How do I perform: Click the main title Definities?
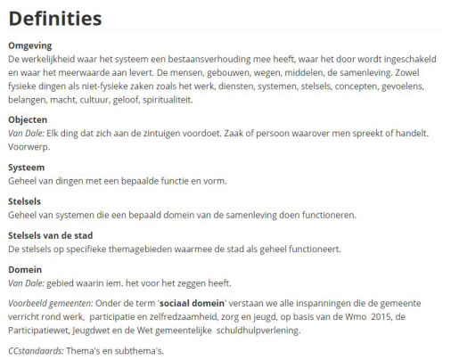[x=54, y=19]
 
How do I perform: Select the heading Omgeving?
[x=30, y=45]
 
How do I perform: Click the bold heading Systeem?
[x=27, y=167]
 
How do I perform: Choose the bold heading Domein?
[x=25, y=268]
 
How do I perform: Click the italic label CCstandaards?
[x=35, y=350]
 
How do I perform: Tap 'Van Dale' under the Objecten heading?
[x=25, y=132]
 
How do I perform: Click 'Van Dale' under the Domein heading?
[x=25, y=282]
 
